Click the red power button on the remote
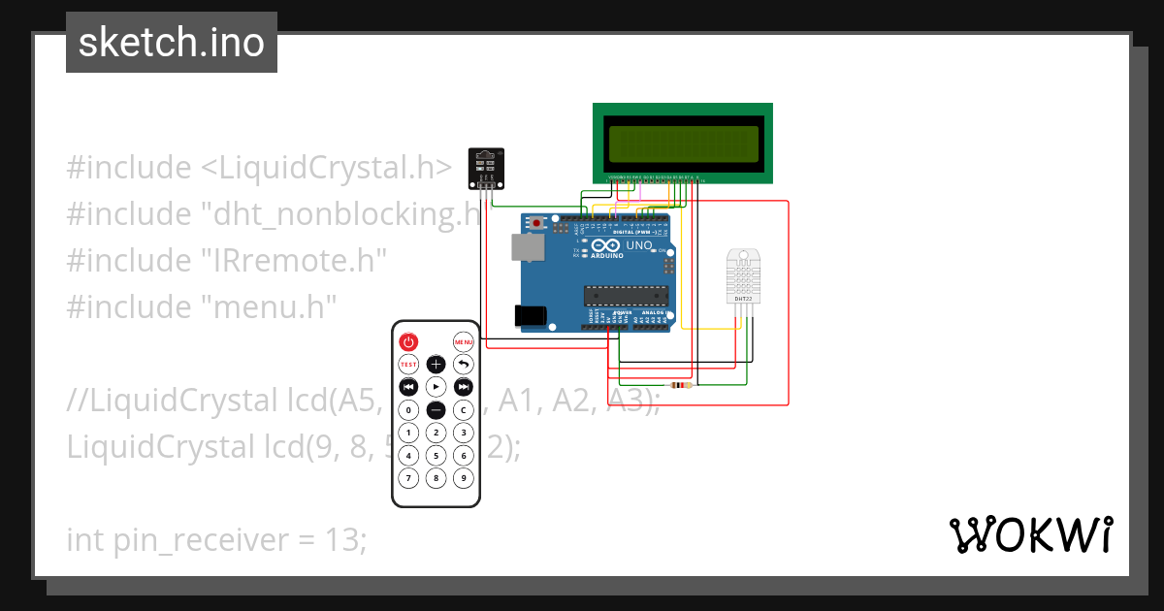click(408, 341)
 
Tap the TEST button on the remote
click(408, 365)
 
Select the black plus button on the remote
click(436, 365)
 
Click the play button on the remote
click(436, 387)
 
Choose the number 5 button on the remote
click(436, 455)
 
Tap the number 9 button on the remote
click(464, 477)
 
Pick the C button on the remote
click(464, 410)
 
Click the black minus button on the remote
click(436, 410)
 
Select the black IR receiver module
click(486, 168)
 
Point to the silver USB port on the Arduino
click(527, 247)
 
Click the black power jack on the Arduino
click(530, 316)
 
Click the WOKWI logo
click(1030, 534)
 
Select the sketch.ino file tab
click(172, 43)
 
